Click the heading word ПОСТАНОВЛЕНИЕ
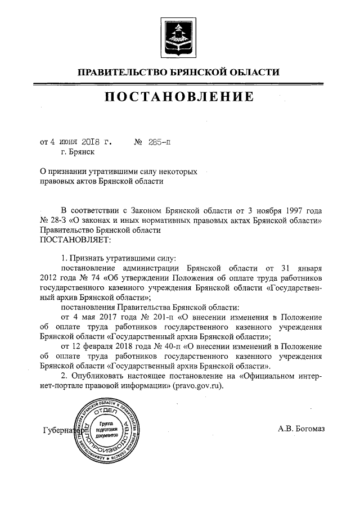[180, 97]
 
